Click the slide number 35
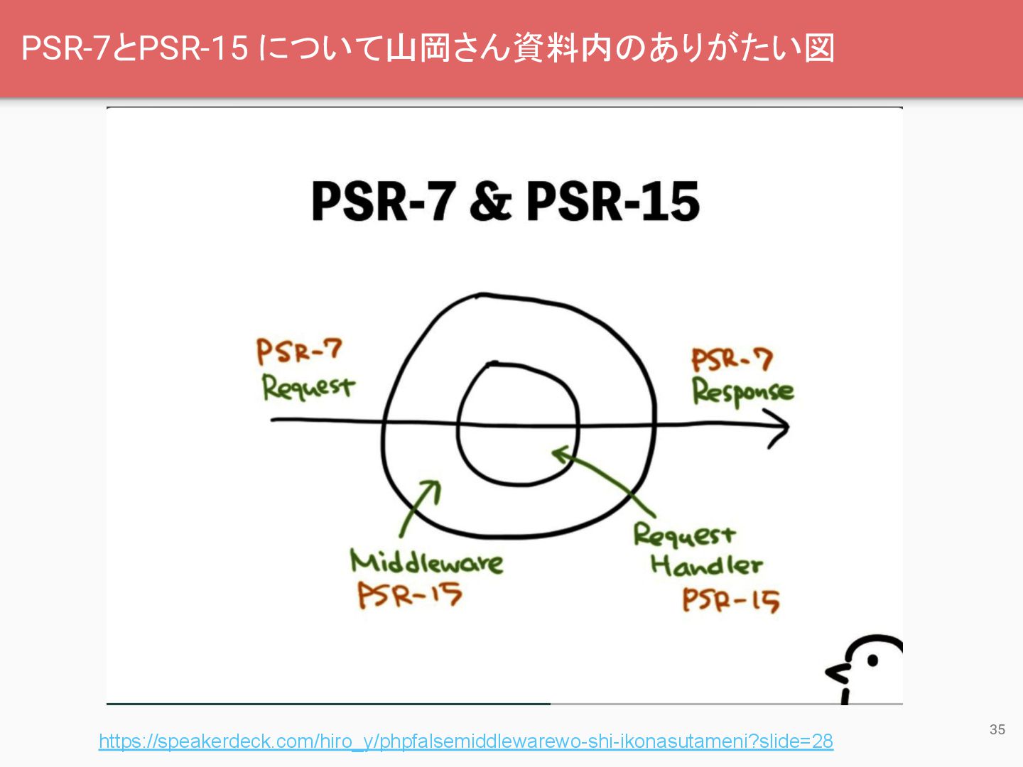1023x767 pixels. [997, 729]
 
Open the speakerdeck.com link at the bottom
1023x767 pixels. [465, 741]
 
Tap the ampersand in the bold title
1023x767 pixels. [489, 202]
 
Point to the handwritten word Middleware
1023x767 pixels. [426, 562]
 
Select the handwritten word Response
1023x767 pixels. [742, 392]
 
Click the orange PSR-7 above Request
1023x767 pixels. [299, 351]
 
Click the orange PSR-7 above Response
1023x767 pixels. [732, 359]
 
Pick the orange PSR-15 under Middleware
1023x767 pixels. [409, 595]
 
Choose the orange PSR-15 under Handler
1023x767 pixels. [730, 601]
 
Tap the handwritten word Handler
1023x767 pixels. [706, 566]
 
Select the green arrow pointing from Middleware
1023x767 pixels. [420, 508]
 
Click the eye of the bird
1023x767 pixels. [872, 660]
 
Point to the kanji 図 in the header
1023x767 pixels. [819, 48]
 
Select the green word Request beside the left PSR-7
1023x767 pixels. [308, 388]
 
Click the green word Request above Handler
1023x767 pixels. [683, 535]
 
